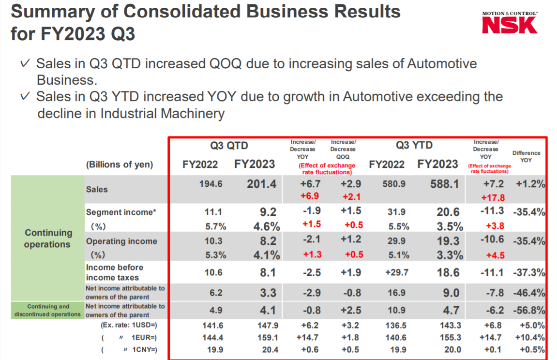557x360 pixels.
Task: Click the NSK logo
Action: click(510, 24)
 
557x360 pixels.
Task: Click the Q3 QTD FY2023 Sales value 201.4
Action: click(261, 184)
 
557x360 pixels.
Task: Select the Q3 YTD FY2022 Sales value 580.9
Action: click(387, 184)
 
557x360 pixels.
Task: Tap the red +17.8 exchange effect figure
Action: click(493, 197)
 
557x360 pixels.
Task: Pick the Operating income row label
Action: click(121, 241)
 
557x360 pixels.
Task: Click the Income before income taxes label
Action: click(115, 272)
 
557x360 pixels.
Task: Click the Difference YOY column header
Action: click(526, 156)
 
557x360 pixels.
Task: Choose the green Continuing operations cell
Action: click(47, 239)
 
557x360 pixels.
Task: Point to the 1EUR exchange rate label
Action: click(140, 337)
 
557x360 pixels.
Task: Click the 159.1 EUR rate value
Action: click(269, 338)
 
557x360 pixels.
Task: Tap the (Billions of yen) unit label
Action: click(120, 165)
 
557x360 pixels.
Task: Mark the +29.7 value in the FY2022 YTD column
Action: click(397, 272)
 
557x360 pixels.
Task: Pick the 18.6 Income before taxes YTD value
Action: click(448, 272)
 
